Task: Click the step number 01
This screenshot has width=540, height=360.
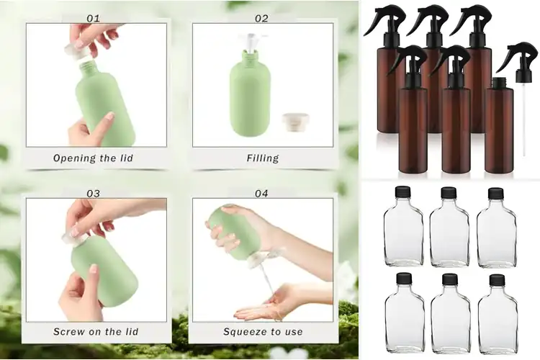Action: pyautogui.click(x=94, y=18)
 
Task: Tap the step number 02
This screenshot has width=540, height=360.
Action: pyautogui.click(x=261, y=18)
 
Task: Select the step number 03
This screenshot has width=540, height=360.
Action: pyautogui.click(x=94, y=193)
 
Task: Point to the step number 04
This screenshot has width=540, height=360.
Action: pyautogui.click(x=261, y=193)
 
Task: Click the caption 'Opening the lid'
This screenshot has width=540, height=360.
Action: pyautogui.click(x=94, y=158)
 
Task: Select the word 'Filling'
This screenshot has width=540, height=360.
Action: pyautogui.click(x=262, y=158)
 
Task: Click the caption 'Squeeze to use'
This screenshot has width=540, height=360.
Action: pyautogui.click(x=263, y=332)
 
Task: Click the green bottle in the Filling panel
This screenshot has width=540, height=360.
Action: pyautogui.click(x=250, y=97)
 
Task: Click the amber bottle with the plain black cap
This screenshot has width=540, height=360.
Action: pyautogui.click(x=499, y=126)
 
